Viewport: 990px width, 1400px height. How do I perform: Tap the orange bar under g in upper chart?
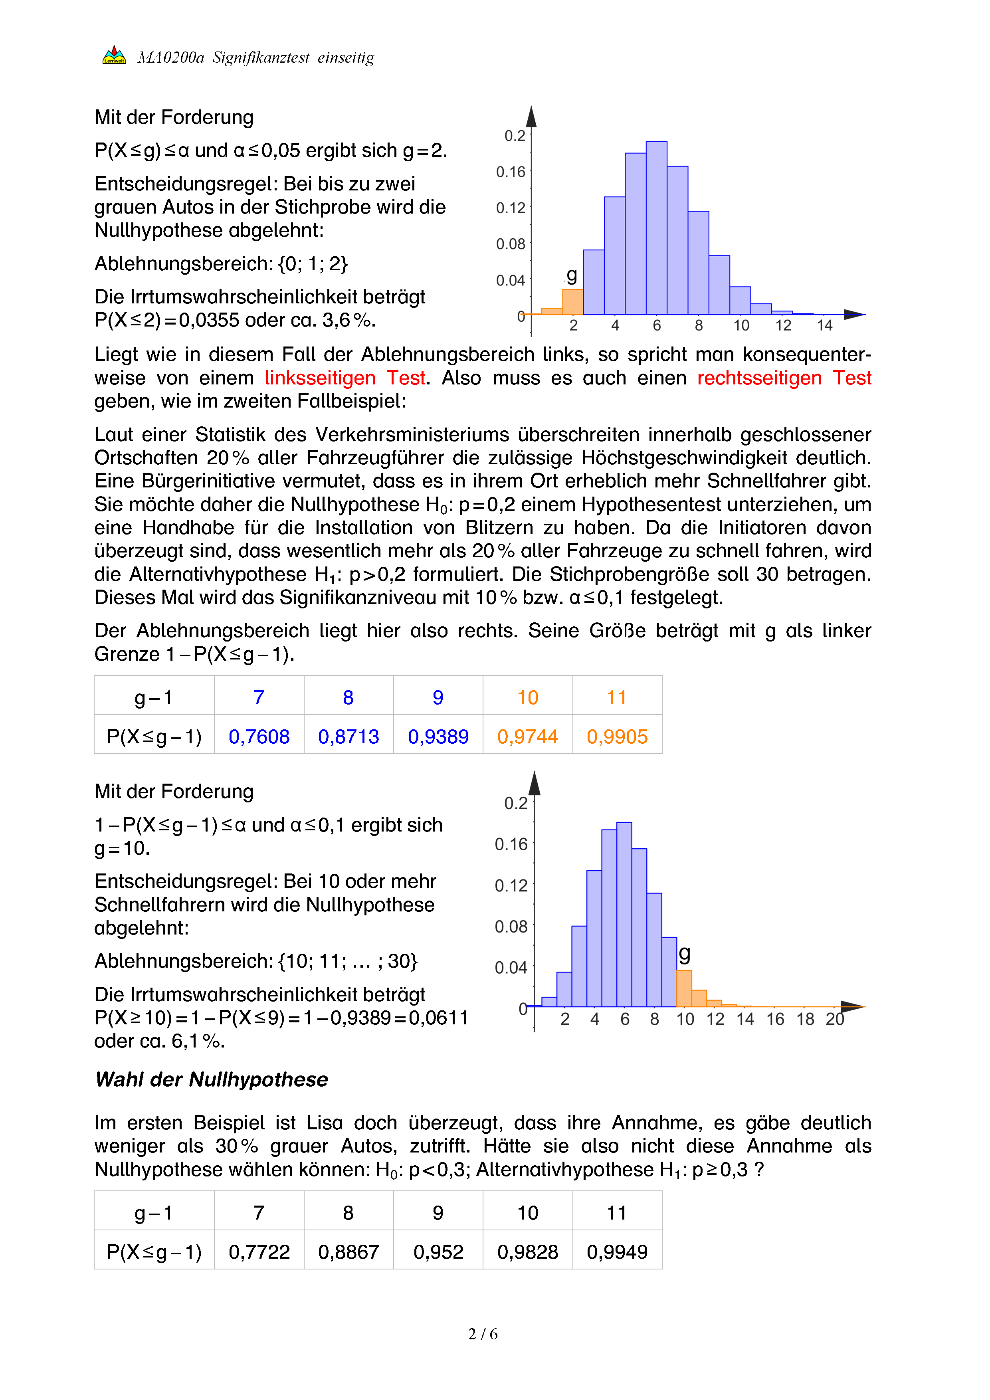coord(572,301)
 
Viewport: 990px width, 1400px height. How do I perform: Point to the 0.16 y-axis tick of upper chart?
coord(511,172)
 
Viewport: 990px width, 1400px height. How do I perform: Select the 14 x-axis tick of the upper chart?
coord(825,326)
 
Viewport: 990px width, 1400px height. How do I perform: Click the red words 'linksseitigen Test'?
coord(345,378)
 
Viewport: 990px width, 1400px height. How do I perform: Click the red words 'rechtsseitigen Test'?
coord(784,378)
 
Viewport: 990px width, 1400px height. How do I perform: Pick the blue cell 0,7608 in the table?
coord(259,737)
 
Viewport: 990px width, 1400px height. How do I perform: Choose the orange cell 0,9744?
coord(527,737)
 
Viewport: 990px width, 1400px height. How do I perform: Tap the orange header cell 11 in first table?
coord(617,697)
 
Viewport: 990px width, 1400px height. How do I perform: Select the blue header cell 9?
coord(438,697)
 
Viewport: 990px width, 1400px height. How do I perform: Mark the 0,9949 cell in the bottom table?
coord(617,1252)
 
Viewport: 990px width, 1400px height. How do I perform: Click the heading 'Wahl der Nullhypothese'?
coord(212,1079)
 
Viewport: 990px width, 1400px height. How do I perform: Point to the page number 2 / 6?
coord(483,1334)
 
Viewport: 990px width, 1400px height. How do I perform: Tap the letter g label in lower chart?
coord(685,952)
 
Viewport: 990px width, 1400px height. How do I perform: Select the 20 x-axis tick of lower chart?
coord(835,1020)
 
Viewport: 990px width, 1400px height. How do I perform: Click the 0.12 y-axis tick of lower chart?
coord(511,885)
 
